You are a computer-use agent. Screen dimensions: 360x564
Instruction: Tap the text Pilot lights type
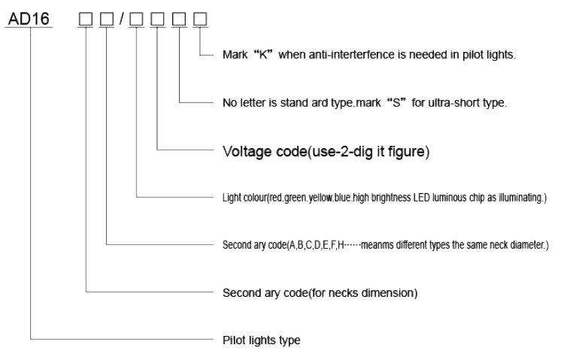pos(261,340)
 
